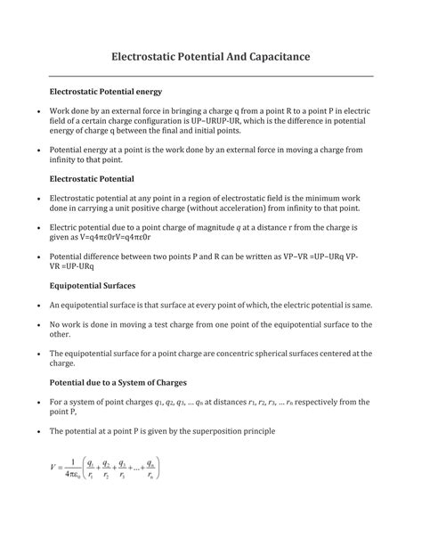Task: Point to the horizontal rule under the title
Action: click(210, 76)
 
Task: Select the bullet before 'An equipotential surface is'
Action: click(28, 305)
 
